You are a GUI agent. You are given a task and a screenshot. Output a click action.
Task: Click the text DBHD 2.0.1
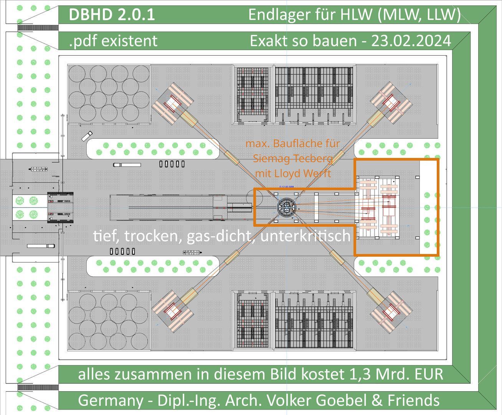(112, 15)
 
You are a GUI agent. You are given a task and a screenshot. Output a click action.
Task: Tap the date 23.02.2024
(411, 41)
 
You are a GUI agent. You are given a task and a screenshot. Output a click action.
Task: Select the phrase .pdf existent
(113, 41)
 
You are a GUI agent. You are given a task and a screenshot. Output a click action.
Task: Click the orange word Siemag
(271, 158)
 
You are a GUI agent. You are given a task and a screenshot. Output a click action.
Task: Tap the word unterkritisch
(305, 236)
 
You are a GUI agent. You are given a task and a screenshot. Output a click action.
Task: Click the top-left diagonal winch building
(172, 103)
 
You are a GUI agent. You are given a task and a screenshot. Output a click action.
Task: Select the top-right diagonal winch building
(391, 102)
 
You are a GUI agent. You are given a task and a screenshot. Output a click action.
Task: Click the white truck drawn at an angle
(87, 136)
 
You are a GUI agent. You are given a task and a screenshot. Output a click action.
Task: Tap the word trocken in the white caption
(154, 236)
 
